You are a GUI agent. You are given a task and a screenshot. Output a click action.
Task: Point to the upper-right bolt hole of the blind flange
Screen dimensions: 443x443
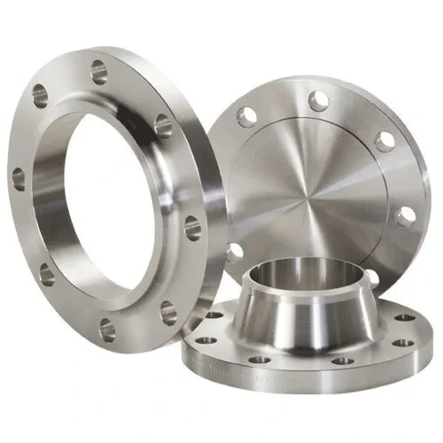tap(383, 141)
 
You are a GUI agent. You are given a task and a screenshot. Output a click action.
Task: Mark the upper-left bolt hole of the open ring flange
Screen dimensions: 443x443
tap(41, 92)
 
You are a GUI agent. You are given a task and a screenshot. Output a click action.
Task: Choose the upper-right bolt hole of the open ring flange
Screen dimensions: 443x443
tap(163, 124)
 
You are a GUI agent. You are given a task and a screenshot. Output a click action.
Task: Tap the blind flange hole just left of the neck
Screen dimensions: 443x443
tap(234, 253)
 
